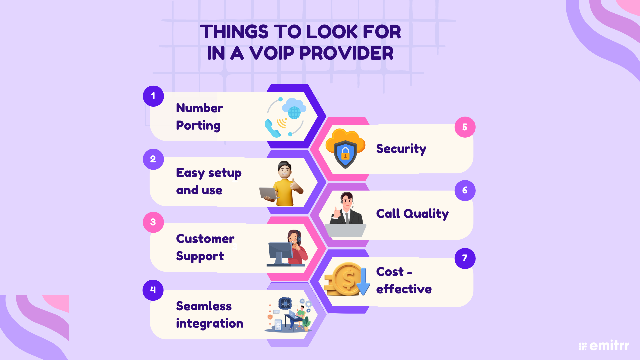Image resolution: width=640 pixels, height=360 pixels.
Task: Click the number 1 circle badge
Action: click(x=153, y=96)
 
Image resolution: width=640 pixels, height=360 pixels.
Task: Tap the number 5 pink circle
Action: click(x=465, y=127)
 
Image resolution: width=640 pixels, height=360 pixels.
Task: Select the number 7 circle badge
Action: click(x=465, y=258)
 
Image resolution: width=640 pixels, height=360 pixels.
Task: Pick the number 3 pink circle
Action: click(x=153, y=222)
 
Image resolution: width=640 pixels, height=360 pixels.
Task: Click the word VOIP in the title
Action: click(x=272, y=53)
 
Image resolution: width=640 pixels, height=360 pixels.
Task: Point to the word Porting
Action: click(x=198, y=126)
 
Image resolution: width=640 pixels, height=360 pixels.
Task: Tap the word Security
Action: click(x=401, y=149)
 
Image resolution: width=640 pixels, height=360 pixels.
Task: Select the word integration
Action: click(x=209, y=323)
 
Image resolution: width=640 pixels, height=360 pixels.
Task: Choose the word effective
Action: click(x=404, y=289)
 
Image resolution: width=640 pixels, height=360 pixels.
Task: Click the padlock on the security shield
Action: click(x=345, y=154)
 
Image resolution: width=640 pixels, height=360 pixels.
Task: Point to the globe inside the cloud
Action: click(x=294, y=112)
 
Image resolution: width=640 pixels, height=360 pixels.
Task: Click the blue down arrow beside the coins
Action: click(x=363, y=284)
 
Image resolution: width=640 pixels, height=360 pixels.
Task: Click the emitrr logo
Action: click(x=604, y=346)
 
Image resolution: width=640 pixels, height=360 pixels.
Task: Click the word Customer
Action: click(x=205, y=239)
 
